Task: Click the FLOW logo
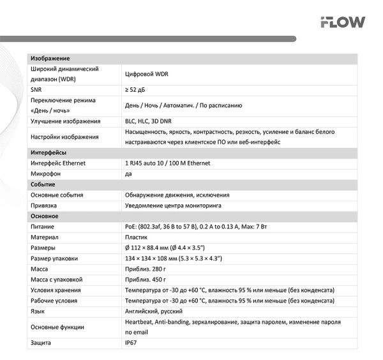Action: coord(343,22)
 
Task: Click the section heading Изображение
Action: coord(50,59)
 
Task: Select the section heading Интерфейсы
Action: coord(49,153)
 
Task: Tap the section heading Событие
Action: coord(43,184)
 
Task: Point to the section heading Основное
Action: coord(45,216)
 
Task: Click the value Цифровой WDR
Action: coord(146,74)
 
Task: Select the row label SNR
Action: coord(36,90)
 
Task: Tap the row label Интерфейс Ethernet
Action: coord(58,163)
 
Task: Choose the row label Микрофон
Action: coord(45,174)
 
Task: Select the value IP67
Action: coord(131,343)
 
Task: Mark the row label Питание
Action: coord(42,227)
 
